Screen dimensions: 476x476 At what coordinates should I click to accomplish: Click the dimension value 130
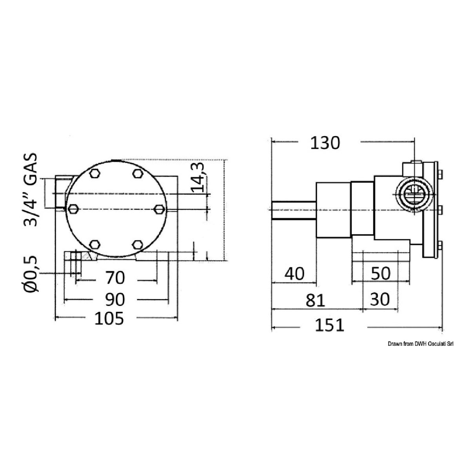(325, 144)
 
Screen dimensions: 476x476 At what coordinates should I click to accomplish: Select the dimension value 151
(330, 325)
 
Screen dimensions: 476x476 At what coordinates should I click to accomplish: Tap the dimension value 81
(316, 300)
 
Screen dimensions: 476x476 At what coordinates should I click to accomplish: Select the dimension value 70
(115, 278)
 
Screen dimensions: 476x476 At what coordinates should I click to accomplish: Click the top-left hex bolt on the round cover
(94, 174)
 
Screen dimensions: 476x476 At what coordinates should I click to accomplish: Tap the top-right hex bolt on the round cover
(137, 174)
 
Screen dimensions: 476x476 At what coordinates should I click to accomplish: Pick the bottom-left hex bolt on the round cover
(94, 245)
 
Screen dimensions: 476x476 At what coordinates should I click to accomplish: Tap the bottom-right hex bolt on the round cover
(137, 245)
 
